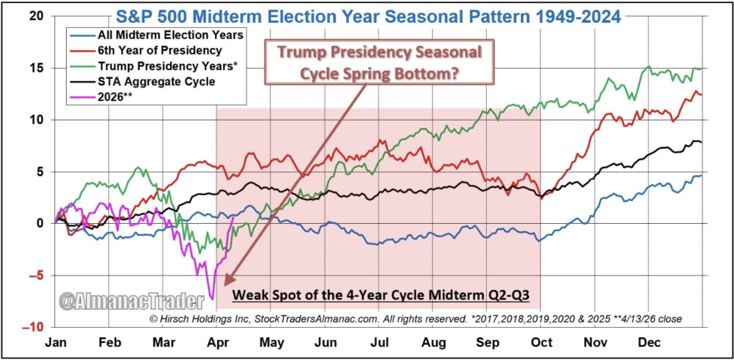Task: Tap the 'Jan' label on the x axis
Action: (x=57, y=343)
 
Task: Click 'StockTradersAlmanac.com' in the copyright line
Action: (x=375, y=318)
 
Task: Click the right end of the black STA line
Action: (x=701, y=142)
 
